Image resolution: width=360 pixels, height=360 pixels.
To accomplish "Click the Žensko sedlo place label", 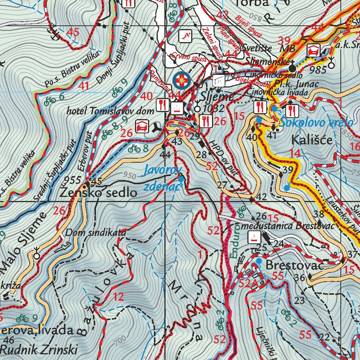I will click(98, 192).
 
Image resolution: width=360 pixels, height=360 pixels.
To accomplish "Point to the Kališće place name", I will click(311, 140).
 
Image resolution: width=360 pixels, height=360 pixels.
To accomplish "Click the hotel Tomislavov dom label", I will click(110, 111).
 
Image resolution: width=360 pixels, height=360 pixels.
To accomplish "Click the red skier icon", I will click(185, 36).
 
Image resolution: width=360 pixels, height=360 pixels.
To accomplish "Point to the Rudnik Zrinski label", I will click(39, 349).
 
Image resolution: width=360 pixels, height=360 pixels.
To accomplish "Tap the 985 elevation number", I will click(318, 70).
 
